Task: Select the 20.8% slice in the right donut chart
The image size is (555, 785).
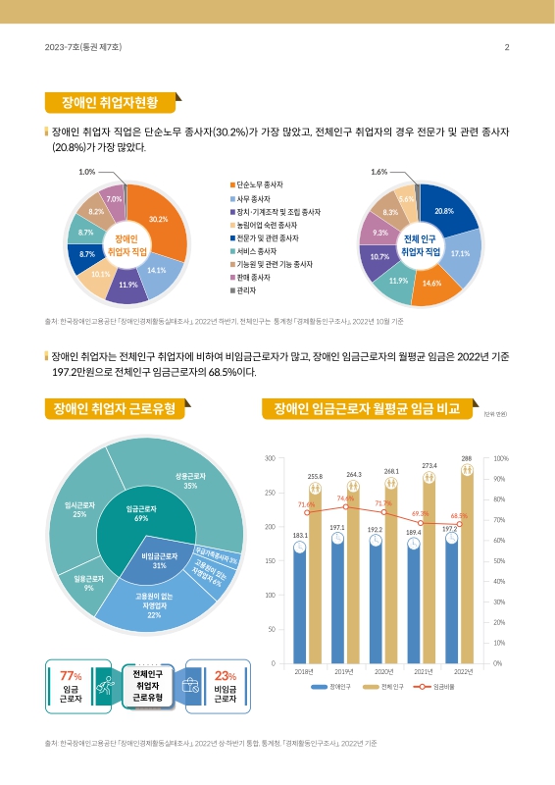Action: (x=443, y=211)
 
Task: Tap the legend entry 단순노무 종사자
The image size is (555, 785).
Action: (x=260, y=184)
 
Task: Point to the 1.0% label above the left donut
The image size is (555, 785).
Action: (x=86, y=172)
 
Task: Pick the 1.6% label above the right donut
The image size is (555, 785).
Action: (x=379, y=172)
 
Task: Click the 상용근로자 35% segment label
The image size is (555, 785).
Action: (x=190, y=481)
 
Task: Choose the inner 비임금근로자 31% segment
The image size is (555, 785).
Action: (x=145, y=561)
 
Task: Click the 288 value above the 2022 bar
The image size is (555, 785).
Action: (x=467, y=457)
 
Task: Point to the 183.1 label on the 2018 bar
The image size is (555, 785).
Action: (x=300, y=535)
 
